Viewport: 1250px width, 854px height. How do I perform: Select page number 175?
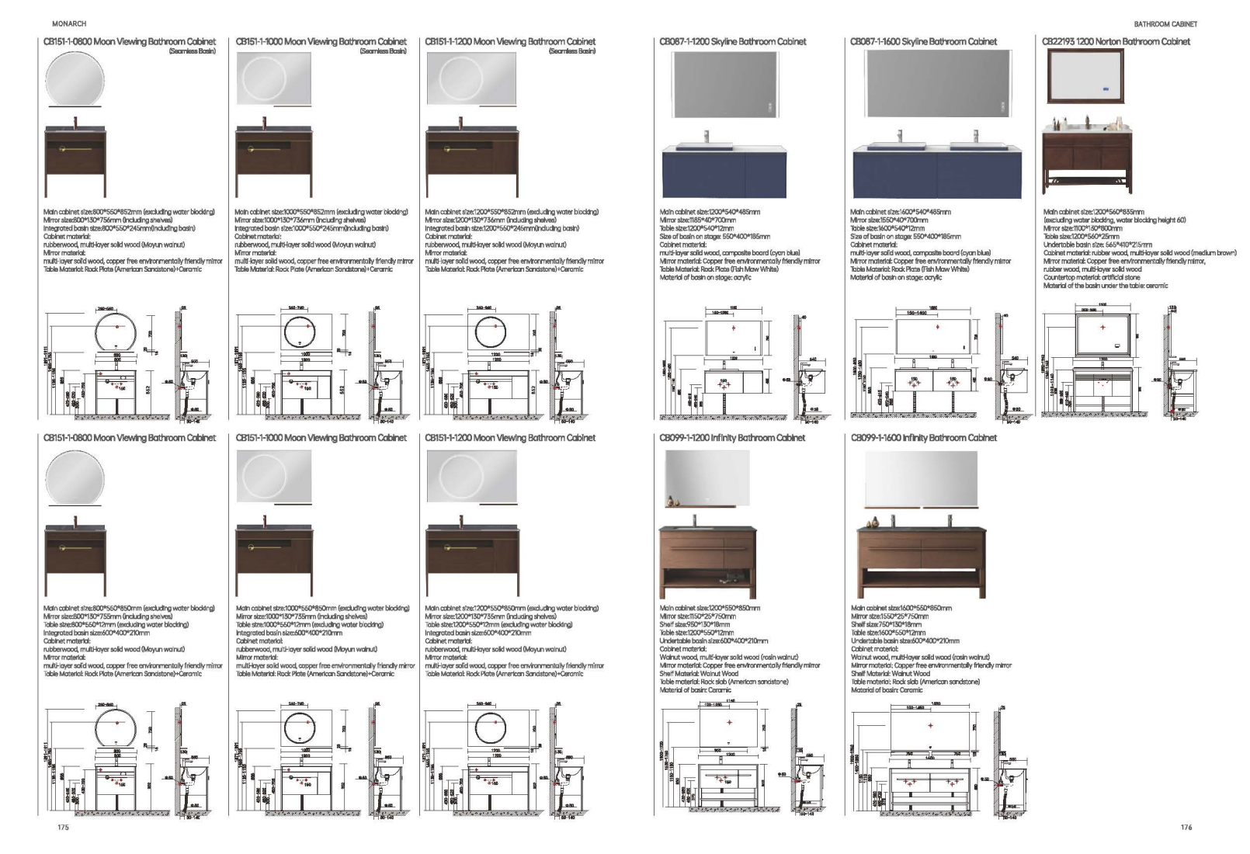pos(63,828)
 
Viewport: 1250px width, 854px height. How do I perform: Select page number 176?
pos(1186,828)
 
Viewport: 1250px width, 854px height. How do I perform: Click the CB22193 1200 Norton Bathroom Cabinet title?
pos(1115,42)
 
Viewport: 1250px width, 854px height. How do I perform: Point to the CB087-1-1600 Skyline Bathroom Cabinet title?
pos(923,42)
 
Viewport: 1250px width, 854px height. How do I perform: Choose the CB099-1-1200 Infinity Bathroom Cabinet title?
pos(732,438)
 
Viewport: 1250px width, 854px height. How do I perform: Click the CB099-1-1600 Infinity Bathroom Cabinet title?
pos(923,438)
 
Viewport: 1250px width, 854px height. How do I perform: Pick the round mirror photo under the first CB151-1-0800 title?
pos(75,82)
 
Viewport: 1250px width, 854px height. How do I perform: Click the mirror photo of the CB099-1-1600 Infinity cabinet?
pos(921,479)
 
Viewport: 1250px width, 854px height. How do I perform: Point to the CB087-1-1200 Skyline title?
pos(732,42)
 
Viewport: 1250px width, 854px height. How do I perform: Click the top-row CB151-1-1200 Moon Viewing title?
pos(510,42)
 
